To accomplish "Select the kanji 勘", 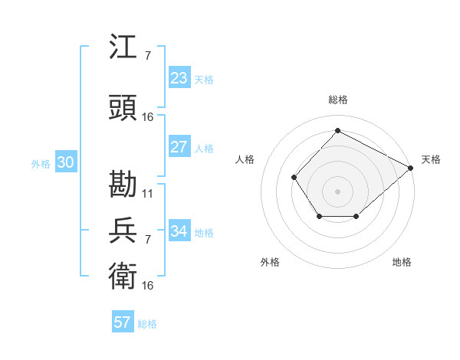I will coord(123,185).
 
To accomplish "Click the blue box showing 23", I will coord(179,78).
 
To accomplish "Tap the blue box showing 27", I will coord(179,147).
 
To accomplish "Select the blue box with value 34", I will coord(179,231).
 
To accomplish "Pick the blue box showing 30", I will coord(65,162).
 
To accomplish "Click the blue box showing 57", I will coord(123,322).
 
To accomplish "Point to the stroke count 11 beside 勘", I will coord(148,194).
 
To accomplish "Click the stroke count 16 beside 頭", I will coord(148,117).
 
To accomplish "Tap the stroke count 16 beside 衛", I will coord(148,285).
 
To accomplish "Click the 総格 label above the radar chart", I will coord(337,100).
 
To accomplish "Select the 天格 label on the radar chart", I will coord(431,159).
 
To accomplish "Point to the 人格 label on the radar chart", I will coord(245,159).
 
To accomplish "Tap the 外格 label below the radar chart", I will coord(270,262).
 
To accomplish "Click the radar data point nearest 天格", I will coord(411,168).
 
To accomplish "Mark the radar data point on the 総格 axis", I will coord(337,130).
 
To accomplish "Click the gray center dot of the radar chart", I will coord(337,191).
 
